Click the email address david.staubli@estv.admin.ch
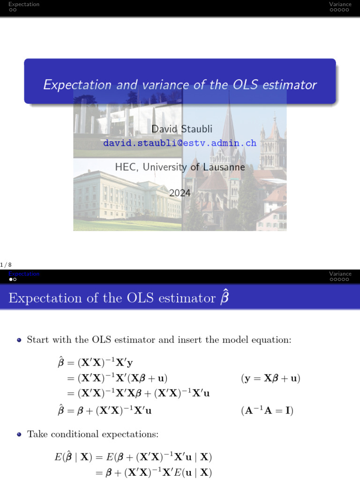click(180, 143)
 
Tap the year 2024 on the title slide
click(180, 192)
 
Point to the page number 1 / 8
click(6, 265)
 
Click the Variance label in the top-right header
click(340, 4)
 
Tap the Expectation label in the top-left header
click(24, 4)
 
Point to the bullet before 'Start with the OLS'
click(19, 340)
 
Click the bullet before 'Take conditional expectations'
click(19, 435)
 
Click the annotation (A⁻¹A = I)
click(267, 411)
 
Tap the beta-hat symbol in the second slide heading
click(225, 298)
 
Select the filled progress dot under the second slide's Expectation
click(10, 279)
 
